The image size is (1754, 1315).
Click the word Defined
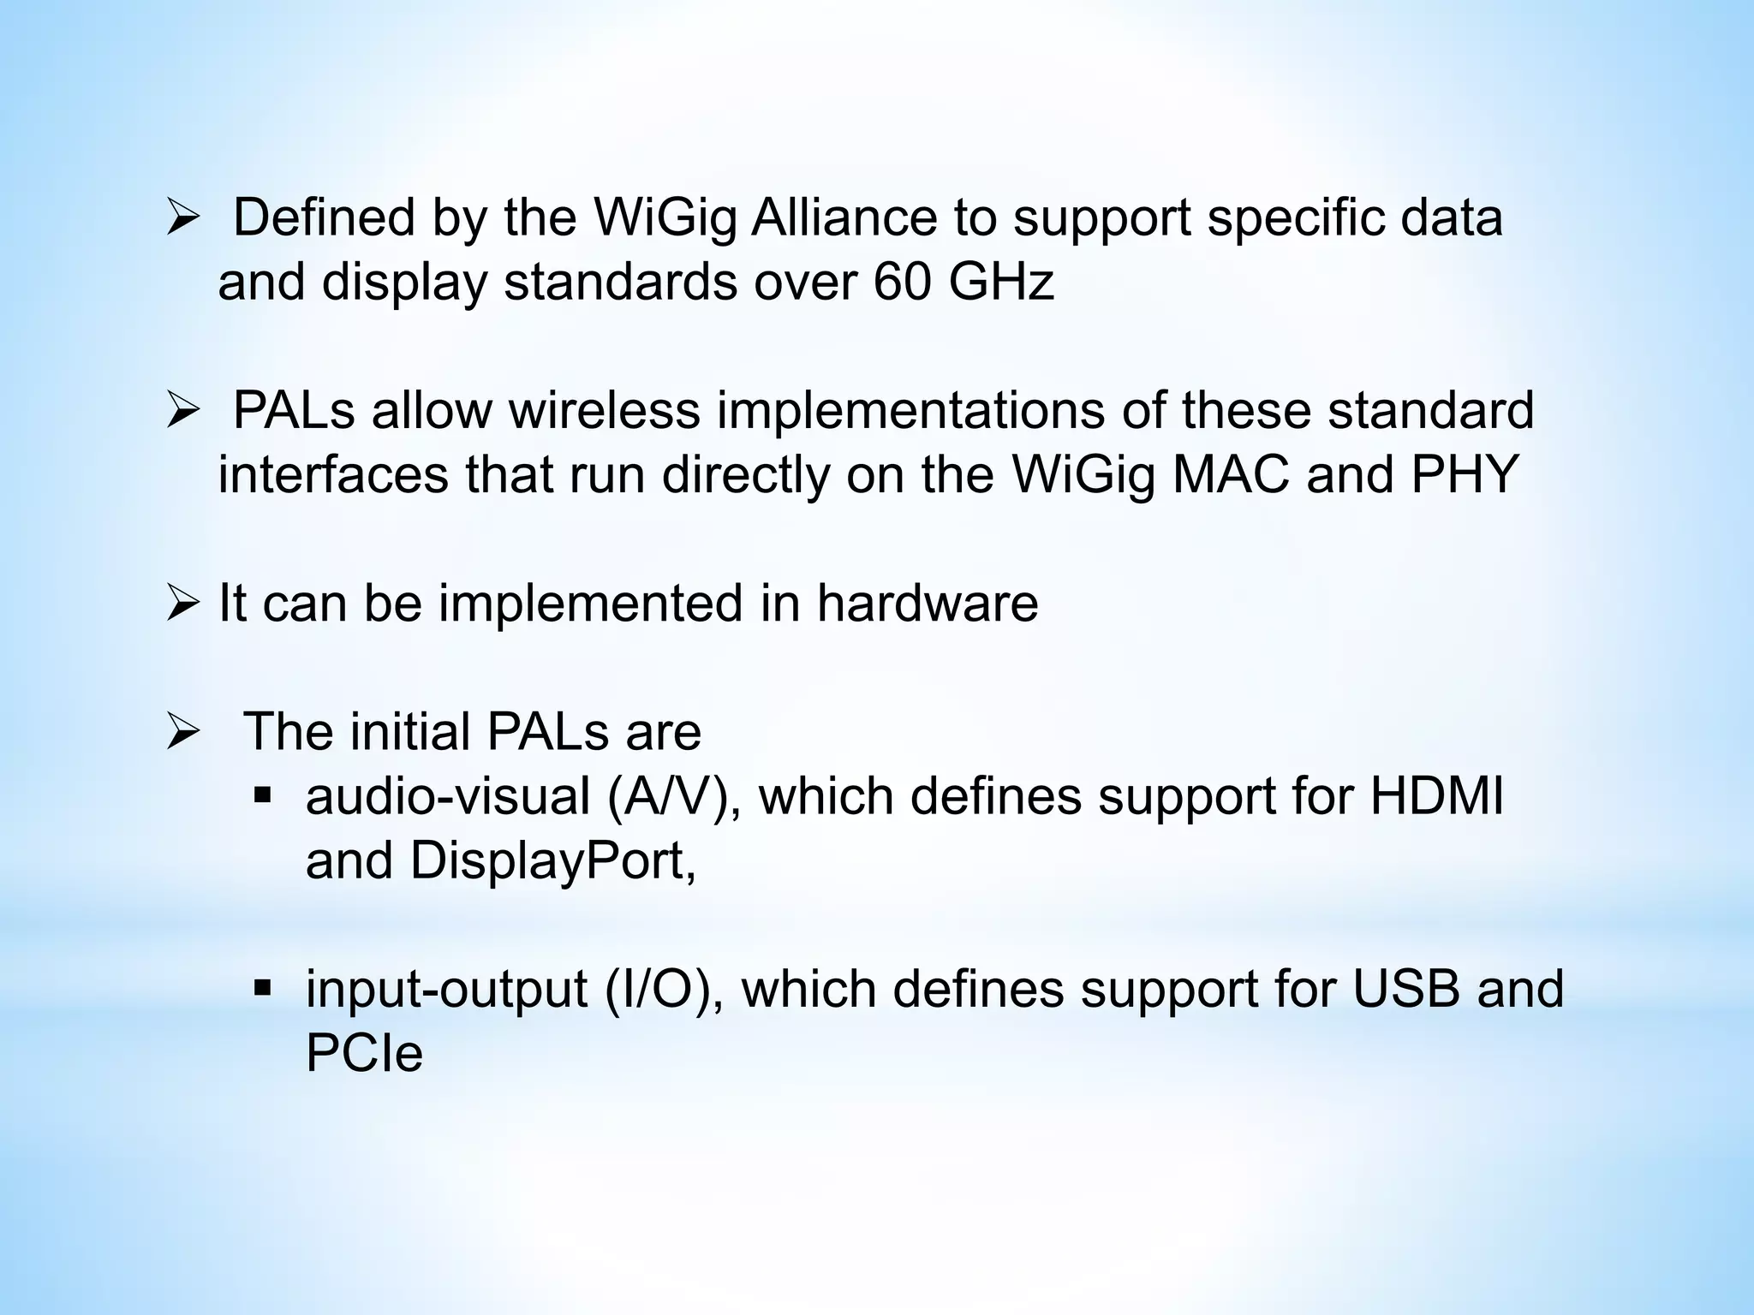click(x=324, y=217)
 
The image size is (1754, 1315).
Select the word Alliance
click(x=844, y=217)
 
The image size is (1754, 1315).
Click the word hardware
click(x=928, y=603)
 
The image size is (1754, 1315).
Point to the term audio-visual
click(x=448, y=796)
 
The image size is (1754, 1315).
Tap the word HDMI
click(x=1436, y=796)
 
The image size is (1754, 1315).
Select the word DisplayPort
click(x=552, y=860)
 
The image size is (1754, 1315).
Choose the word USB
click(x=1406, y=989)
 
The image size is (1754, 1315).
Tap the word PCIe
click(x=364, y=1053)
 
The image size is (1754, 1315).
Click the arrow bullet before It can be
click(x=182, y=604)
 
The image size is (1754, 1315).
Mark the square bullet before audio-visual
click(x=263, y=797)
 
